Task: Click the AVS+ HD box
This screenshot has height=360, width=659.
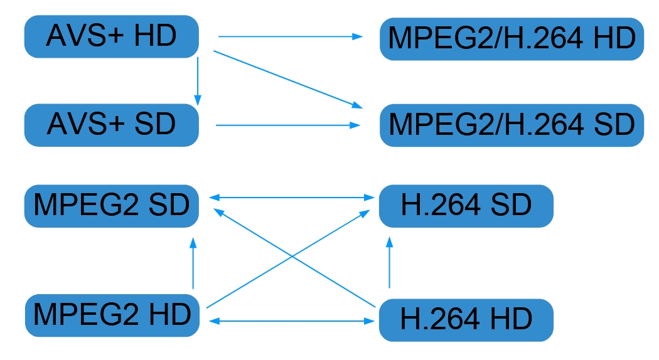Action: [111, 36]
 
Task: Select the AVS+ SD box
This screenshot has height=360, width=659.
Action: [111, 125]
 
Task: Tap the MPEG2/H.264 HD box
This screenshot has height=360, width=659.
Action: [512, 39]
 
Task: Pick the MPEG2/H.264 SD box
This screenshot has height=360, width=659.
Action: [512, 125]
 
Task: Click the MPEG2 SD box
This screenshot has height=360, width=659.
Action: [111, 206]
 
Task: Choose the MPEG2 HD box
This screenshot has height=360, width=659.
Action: [111, 314]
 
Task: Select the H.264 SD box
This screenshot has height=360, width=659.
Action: [466, 206]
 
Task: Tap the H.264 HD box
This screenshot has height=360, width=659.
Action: [466, 320]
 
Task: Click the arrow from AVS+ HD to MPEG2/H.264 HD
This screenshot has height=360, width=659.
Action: [289, 36]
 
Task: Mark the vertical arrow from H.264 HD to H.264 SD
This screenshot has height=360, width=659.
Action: [390, 263]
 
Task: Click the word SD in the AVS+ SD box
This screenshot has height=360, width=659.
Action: [155, 125]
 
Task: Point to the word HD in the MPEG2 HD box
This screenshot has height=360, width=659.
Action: [169, 314]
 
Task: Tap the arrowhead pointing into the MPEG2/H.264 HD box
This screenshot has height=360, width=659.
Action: [358, 36]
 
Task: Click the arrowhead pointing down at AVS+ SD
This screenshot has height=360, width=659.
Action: [198, 100]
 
